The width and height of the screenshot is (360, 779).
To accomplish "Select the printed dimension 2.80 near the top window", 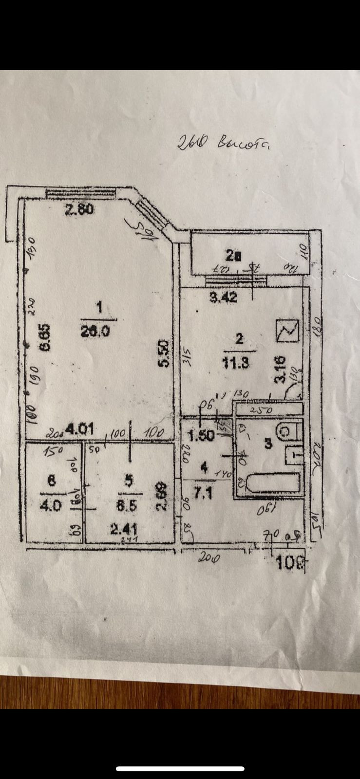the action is click(80, 210).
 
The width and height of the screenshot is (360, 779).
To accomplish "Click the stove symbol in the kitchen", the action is click(286, 331).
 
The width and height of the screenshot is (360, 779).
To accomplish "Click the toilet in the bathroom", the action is click(288, 430).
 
